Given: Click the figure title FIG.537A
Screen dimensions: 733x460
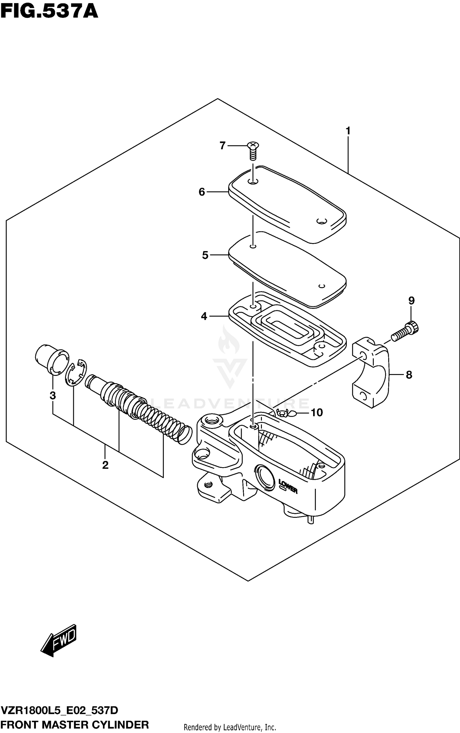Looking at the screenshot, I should [49, 12].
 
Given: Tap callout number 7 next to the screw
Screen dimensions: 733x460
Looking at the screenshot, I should [223, 145].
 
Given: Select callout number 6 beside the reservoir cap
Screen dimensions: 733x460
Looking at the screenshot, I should [202, 192].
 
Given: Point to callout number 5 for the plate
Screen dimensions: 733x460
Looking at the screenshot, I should [205, 255].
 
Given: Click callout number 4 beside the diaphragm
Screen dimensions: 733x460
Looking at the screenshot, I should [204, 316].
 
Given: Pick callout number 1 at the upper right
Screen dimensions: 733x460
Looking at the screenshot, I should [348, 131].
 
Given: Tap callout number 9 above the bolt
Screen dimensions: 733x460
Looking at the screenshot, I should [411, 300].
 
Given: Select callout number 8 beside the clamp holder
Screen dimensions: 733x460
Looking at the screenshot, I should [409, 375].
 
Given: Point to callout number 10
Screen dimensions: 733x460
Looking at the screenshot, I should [316, 413].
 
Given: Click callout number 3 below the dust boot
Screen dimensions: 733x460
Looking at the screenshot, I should [53, 395].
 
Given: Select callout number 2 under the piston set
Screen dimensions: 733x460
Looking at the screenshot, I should [105, 465].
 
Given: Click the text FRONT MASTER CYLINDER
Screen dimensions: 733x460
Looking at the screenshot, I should [75, 725].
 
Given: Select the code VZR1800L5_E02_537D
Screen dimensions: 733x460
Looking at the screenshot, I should [60, 711].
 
